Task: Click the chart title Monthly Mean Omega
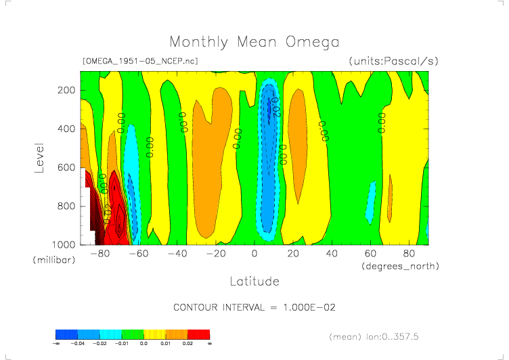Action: click(x=254, y=43)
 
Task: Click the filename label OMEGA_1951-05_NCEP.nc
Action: click(x=139, y=61)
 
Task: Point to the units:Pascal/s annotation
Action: click(x=394, y=61)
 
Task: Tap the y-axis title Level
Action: click(x=39, y=157)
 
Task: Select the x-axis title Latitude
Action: click(x=254, y=281)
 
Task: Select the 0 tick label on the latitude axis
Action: click(x=255, y=254)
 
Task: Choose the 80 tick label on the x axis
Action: click(x=409, y=254)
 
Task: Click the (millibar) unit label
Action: click(x=53, y=261)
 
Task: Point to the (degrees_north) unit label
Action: click(x=400, y=267)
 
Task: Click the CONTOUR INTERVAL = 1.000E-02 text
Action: click(x=255, y=307)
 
